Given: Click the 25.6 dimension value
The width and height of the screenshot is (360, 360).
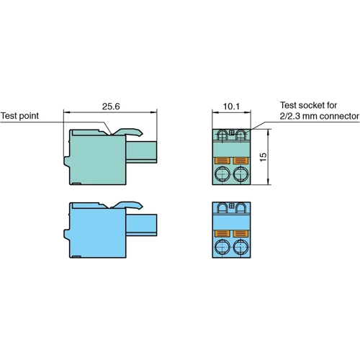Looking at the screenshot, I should coord(110,105).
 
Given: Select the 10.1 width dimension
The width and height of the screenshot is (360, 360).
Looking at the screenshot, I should coord(230,105).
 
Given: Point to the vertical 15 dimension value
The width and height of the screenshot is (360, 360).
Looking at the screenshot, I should coord(264,157).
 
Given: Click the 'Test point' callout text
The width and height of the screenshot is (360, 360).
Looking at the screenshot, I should coord(19,115).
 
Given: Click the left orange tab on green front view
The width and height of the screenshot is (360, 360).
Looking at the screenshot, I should coord(222,160).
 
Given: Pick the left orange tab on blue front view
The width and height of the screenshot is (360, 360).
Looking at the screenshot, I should coord(222,234).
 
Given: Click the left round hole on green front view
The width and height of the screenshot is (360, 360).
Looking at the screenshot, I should coord(222,175).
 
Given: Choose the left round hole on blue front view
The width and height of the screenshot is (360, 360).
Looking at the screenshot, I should coord(222,249).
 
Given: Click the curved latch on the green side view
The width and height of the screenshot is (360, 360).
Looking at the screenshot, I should coord(130,132).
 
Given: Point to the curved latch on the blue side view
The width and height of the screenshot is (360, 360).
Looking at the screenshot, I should coord(130,206).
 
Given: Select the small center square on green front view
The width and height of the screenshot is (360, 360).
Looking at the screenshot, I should coord(230,133).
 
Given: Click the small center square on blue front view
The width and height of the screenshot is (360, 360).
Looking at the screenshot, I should coord(230,207).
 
